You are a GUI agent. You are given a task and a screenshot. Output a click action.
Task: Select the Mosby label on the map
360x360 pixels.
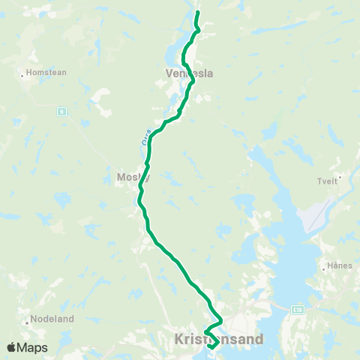(x=133, y=178)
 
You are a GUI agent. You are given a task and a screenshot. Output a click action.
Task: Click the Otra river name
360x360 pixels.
(x=146, y=138)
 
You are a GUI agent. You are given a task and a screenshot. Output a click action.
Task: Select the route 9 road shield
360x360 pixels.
(x=62, y=111)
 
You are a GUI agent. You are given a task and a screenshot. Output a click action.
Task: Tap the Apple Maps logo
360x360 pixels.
(x=27, y=348)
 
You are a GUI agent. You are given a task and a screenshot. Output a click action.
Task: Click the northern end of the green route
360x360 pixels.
(x=197, y=13)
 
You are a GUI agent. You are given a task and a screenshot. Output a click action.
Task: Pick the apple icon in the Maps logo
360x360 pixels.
(x=12, y=347)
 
